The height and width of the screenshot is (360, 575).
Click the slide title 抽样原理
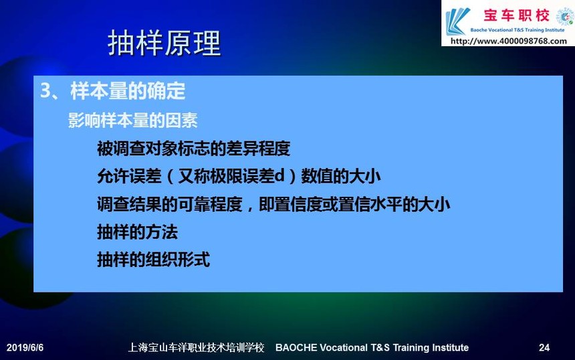[164, 43]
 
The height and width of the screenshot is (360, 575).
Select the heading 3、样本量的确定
[112, 90]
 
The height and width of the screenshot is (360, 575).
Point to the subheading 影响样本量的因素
[133, 120]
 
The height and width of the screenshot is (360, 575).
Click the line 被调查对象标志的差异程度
[194, 149]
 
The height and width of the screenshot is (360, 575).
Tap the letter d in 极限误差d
[279, 176]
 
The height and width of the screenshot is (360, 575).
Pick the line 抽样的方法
[137, 232]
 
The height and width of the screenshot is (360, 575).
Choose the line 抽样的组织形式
[153, 260]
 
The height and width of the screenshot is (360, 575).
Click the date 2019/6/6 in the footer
[25, 347]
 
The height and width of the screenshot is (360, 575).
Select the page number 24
[544, 347]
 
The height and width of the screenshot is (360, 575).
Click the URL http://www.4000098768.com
[509, 41]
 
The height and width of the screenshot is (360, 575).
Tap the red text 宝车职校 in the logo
[516, 15]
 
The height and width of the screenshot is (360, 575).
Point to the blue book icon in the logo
[457, 21]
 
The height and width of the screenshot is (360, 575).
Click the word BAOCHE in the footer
[296, 347]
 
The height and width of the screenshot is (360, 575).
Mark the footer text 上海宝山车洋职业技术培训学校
[196, 347]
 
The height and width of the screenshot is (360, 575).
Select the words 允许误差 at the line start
[129, 176]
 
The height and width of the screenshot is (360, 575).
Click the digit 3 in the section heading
[45, 90]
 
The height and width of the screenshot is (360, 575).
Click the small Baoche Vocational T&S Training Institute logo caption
[517, 30]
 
